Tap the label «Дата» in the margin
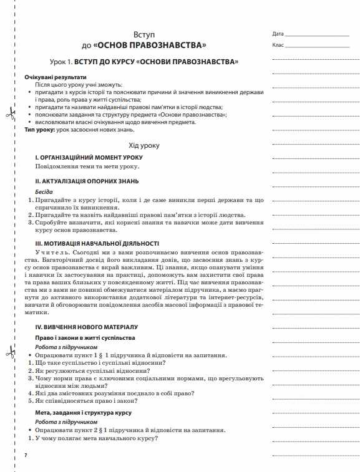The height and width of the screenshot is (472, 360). (x=278, y=33)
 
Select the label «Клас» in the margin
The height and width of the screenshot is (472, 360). (x=278, y=46)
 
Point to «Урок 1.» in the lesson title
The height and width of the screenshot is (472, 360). (x=61, y=63)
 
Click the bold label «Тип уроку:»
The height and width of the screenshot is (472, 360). (x=41, y=129)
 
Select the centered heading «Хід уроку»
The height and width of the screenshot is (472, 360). (x=144, y=145)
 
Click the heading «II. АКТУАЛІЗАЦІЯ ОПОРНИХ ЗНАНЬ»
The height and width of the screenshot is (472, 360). (x=87, y=181)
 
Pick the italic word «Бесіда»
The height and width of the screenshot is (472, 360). (x=44, y=191)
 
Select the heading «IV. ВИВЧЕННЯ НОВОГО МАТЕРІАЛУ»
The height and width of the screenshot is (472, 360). (x=86, y=327)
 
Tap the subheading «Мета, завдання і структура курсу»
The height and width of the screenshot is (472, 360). (x=82, y=413)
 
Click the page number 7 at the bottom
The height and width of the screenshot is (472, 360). (x=26, y=457)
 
